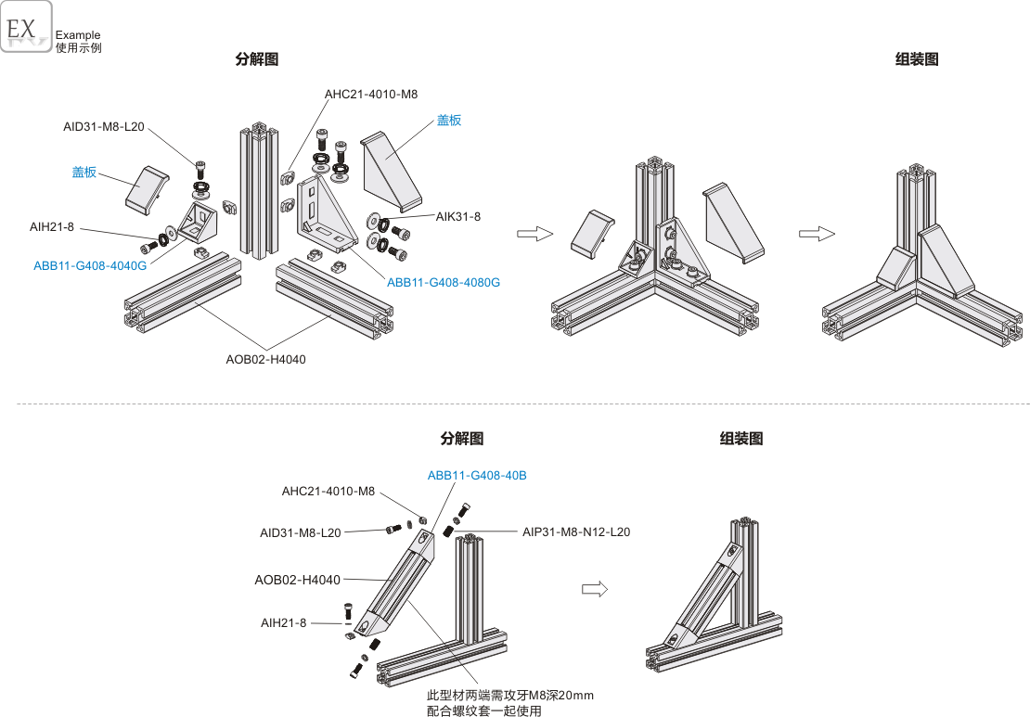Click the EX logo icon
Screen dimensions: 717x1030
coord(25,27)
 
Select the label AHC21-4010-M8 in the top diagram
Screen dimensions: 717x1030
coord(371,95)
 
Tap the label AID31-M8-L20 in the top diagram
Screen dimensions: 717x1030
coord(104,127)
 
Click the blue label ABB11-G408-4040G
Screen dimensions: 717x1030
coord(90,265)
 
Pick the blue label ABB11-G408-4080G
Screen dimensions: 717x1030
coord(444,282)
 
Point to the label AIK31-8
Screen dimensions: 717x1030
coord(458,216)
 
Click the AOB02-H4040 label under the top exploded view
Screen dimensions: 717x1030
coord(265,359)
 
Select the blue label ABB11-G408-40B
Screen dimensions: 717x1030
coord(477,475)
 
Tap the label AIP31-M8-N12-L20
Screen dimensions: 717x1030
coord(576,531)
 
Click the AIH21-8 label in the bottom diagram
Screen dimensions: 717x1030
coord(283,622)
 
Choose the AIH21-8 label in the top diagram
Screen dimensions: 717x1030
coord(52,226)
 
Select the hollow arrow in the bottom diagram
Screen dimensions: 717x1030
coord(594,588)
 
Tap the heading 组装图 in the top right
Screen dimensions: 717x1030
coord(917,59)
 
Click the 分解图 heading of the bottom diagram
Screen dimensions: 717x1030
coord(461,439)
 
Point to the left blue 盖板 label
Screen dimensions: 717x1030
coord(84,172)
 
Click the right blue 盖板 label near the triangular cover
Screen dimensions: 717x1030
coord(449,120)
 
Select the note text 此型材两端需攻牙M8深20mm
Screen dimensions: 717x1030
coord(509,696)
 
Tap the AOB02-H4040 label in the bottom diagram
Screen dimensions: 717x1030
coord(297,580)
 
